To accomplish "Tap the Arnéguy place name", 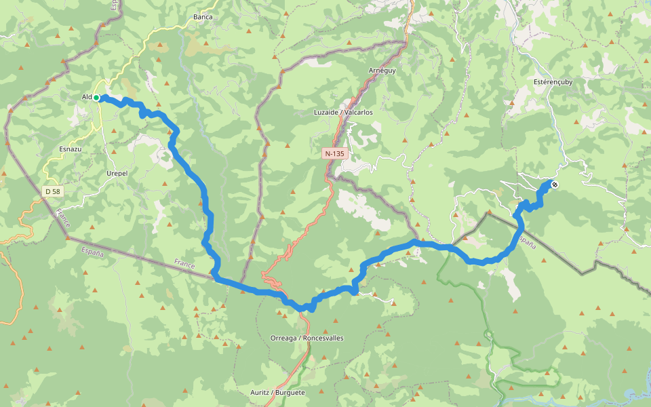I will pyautogui.click(x=382, y=71).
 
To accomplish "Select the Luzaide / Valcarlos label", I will pyautogui.click(x=343, y=112).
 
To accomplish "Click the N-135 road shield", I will pyautogui.click(x=334, y=154).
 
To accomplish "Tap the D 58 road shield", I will pyautogui.click(x=52, y=192).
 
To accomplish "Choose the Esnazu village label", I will pyautogui.click(x=71, y=149).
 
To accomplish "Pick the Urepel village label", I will pyautogui.click(x=117, y=173).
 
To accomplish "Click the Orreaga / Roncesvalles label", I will pyautogui.click(x=307, y=338).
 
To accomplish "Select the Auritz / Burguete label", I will pyautogui.click(x=277, y=393).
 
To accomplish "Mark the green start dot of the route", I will pyautogui.click(x=96, y=98).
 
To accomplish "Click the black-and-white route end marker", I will pyautogui.click(x=555, y=185).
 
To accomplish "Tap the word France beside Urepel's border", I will pyautogui.click(x=63, y=218).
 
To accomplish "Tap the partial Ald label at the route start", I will pyautogui.click(x=87, y=97).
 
